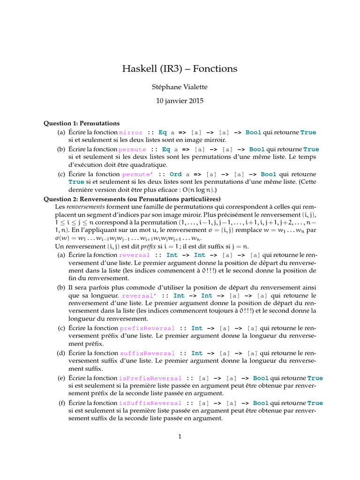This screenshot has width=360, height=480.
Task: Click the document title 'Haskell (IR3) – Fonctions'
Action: (180, 69)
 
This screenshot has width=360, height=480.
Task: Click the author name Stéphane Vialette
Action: (180, 87)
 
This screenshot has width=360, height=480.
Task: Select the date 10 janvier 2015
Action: (180, 100)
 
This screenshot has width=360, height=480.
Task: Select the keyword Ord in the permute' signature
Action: (176, 174)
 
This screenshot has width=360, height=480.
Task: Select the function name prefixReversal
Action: (147, 329)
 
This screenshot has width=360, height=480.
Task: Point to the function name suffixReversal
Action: (148, 353)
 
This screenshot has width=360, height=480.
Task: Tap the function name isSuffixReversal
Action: (150, 403)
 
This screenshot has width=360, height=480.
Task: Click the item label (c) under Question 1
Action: (61, 174)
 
